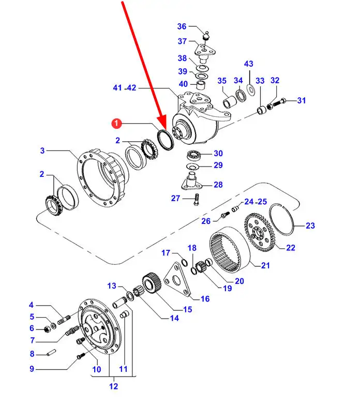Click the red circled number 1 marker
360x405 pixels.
click(x=116, y=123)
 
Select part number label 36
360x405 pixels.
click(x=182, y=26)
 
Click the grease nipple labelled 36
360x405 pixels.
click(x=206, y=36)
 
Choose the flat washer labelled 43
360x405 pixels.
click(x=250, y=89)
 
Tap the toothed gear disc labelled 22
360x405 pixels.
click(x=259, y=232)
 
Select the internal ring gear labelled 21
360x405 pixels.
click(x=230, y=249)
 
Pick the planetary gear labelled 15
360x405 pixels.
click(x=152, y=282)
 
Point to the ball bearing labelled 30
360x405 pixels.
click(x=193, y=156)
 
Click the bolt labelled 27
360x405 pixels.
click(x=196, y=199)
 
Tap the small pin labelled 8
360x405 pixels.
click(x=51, y=352)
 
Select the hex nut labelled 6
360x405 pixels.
click(x=48, y=329)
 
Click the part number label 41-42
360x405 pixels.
click(x=125, y=88)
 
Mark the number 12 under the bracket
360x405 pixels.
click(x=114, y=386)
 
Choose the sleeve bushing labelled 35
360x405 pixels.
click(x=229, y=102)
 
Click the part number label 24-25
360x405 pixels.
click(x=256, y=202)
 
